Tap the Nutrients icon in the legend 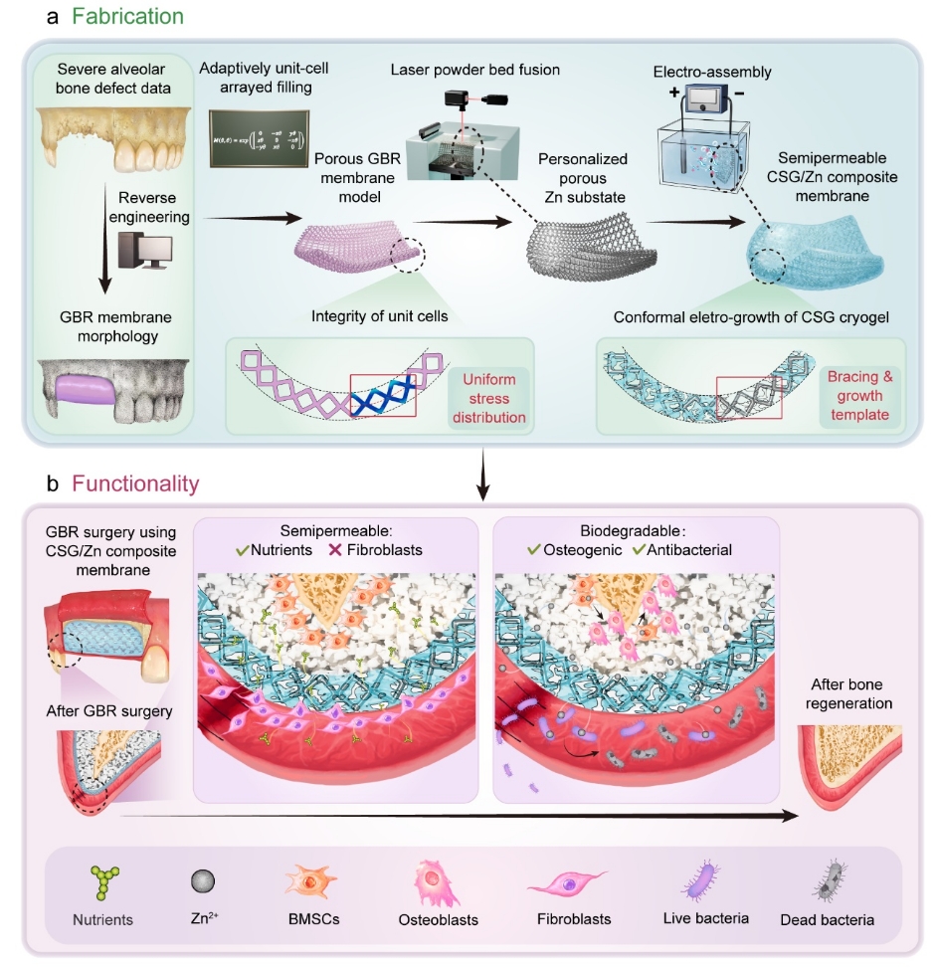coord(101,880)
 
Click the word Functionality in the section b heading coord(135,484)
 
